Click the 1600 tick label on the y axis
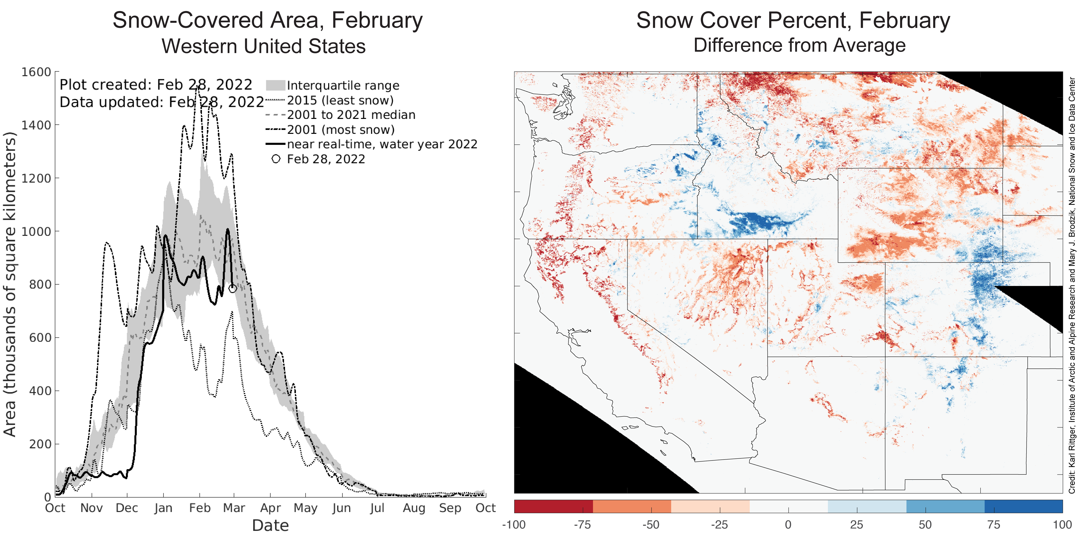(x=36, y=72)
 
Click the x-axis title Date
(x=270, y=525)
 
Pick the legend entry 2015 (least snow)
(x=340, y=100)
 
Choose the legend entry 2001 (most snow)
(x=341, y=130)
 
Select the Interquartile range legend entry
(x=343, y=86)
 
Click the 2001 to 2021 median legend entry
(x=351, y=115)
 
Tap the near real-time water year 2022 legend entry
(x=382, y=144)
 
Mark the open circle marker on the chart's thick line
(x=232, y=289)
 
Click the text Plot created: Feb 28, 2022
(x=156, y=85)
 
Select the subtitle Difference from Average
(x=799, y=45)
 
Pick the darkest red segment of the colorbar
(x=553, y=506)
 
